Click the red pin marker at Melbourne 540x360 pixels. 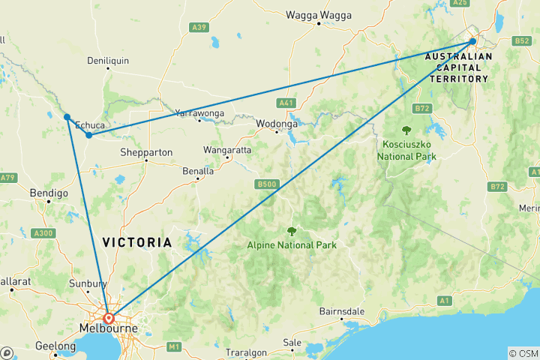tap(109, 318)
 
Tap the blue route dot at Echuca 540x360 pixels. tap(88, 135)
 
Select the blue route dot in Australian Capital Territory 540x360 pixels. tap(472, 41)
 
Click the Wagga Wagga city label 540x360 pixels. tap(319, 14)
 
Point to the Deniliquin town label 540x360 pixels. tap(109, 60)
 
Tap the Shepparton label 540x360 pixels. tap(146, 152)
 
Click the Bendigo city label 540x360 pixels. tap(49, 193)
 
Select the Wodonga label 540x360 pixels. tap(277, 124)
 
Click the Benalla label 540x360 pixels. tap(199, 171)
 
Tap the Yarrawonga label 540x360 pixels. tap(199, 113)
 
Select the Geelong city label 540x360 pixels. tap(55, 346)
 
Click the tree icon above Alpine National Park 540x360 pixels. tap(292, 232)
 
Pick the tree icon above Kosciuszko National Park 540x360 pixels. tap(407, 129)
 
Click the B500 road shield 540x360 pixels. tap(268, 184)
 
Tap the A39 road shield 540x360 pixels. tap(199, 28)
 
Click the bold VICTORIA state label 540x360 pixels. tap(136, 243)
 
